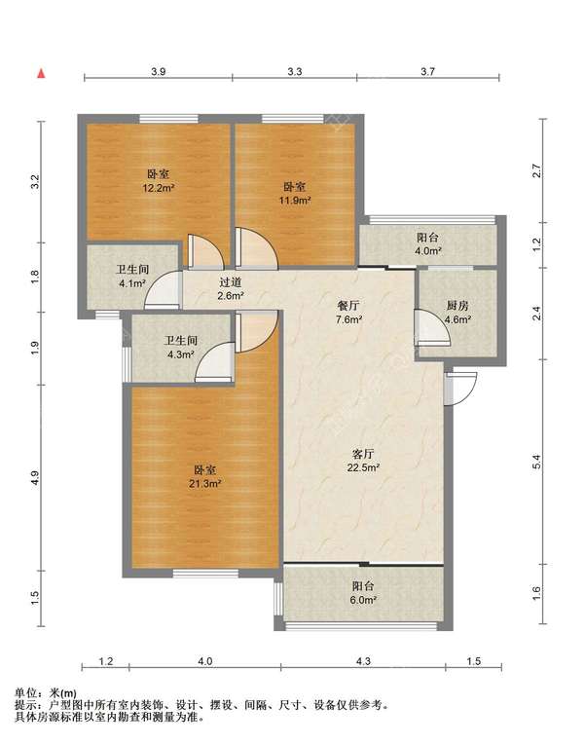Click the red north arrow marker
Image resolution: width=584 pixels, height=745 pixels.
pyautogui.click(x=42, y=74)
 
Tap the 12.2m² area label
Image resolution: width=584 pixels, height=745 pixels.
pyautogui.click(x=159, y=188)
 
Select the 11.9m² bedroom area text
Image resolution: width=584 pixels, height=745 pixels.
pyautogui.click(x=295, y=201)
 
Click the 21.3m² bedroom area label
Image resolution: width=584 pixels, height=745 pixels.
pyautogui.click(x=205, y=484)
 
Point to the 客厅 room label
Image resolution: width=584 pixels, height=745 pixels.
pyautogui.click(x=363, y=454)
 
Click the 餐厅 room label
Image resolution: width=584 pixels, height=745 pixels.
pyautogui.click(x=349, y=306)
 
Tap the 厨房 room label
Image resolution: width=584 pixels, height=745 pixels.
pyautogui.click(x=457, y=306)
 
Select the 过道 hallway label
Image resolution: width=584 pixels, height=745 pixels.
pyautogui.click(x=231, y=282)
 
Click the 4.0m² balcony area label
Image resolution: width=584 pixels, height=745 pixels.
pyautogui.click(x=428, y=251)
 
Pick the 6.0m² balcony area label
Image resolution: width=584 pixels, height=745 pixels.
pyautogui.click(x=363, y=600)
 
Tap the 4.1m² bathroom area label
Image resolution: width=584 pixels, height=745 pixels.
pyautogui.click(x=132, y=284)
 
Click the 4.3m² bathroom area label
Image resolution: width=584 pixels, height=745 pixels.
pyautogui.click(x=180, y=354)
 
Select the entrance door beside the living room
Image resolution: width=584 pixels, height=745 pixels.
pyautogui.click(x=459, y=389)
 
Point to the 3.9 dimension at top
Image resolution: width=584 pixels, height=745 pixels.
pyautogui.click(x=159, y=72)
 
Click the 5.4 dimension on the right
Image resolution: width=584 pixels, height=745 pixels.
pyautogui.click(x=536, y=462)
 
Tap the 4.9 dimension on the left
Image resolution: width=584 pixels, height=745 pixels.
pyautogui.click(x=35, y=478)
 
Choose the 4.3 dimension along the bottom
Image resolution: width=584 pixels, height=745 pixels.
pyautogui.click(x=363, y=661)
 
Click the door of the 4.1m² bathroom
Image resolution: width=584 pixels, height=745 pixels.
pyautogui.click(x=163, y=290)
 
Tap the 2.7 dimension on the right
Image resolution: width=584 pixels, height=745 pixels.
pyautogui.click(x=536, y=170)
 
